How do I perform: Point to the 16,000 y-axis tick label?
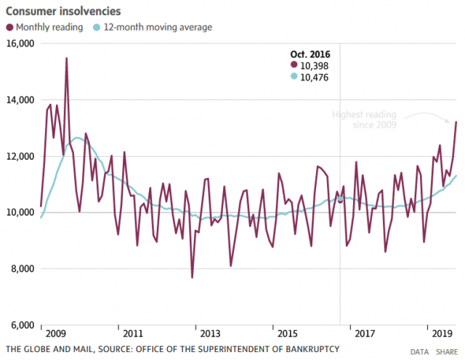coord(20,44)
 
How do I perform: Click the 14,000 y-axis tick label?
coord(20,100)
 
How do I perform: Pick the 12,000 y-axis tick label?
coord(20,156)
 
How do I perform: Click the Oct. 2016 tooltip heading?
coord(310,53)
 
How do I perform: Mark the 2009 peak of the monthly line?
coord(66,58)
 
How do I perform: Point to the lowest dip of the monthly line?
coord(192,277)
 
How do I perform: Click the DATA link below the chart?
coord(419,351)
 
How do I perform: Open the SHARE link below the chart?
coord(448,351)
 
